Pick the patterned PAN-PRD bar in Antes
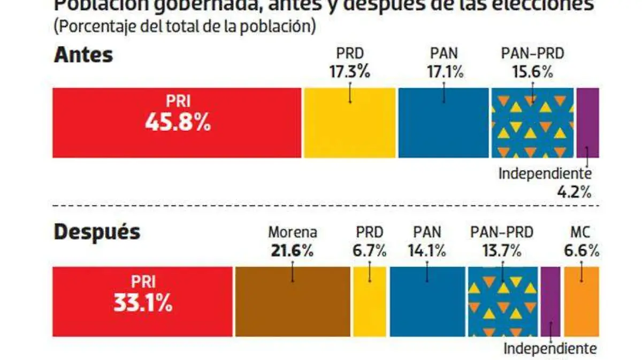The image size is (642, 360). [532, 123]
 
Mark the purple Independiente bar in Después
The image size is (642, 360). [551, 300]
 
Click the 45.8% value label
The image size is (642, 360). [178, 124]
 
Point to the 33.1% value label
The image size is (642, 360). [142, 303]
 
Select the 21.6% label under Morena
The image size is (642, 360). [292, 250]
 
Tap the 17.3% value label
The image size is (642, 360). [350, 71]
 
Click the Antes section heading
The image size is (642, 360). [83, 55]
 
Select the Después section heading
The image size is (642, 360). [97, 233]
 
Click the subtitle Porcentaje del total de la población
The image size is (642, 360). [184, 27]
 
